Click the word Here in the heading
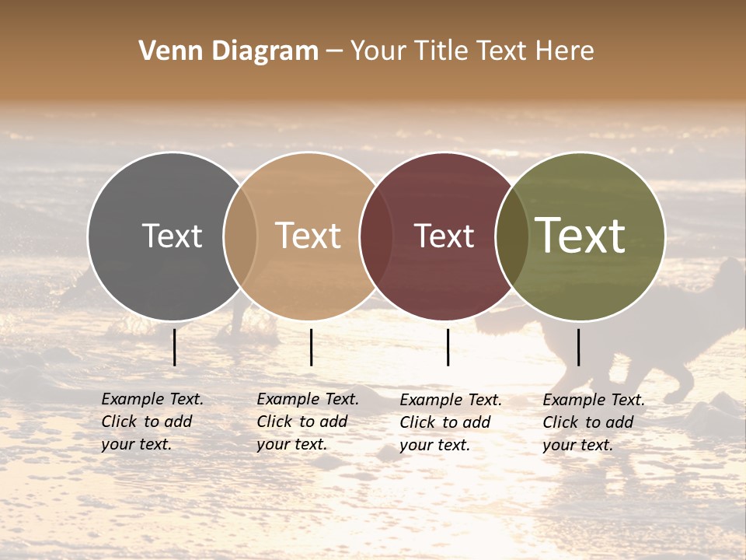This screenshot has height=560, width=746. [565, 51]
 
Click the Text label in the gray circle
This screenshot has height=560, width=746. [173, 236]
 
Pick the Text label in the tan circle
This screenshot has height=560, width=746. [309, 236]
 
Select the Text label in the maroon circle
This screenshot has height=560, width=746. [444, 236]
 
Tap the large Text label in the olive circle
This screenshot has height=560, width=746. [580, 236]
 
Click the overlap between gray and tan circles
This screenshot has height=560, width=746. [240, 236]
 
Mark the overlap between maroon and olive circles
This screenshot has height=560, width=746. [511, 236]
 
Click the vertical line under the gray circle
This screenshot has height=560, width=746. [175, 347]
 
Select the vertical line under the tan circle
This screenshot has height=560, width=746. [311, 347]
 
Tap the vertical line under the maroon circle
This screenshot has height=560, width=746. [448, 347]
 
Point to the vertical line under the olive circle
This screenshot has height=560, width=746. [578, 347]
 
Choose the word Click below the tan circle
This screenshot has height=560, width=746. [274, 422]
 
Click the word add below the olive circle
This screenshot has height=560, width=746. [619, 422]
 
